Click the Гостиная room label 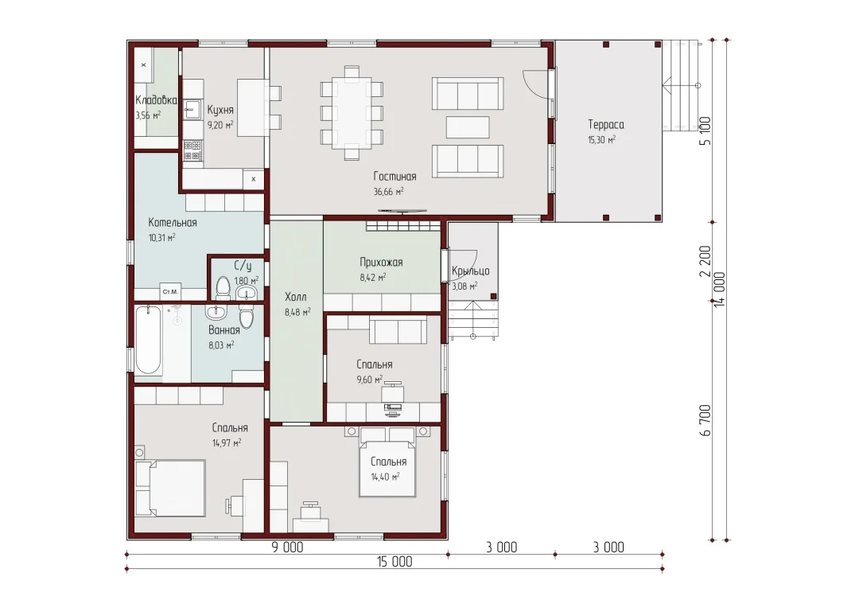395,177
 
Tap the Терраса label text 606,124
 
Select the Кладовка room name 156,100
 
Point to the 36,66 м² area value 388,192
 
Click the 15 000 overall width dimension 395,561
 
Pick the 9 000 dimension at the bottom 288,548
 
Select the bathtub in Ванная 149,340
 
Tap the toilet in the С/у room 223,287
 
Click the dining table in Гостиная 352,113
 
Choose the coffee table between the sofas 468,127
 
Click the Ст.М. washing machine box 170,291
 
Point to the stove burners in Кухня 192,150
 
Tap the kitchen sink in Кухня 192,110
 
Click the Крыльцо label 471,271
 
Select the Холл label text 296,297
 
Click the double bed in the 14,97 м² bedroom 170,488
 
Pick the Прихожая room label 381,262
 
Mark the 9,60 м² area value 370,380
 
